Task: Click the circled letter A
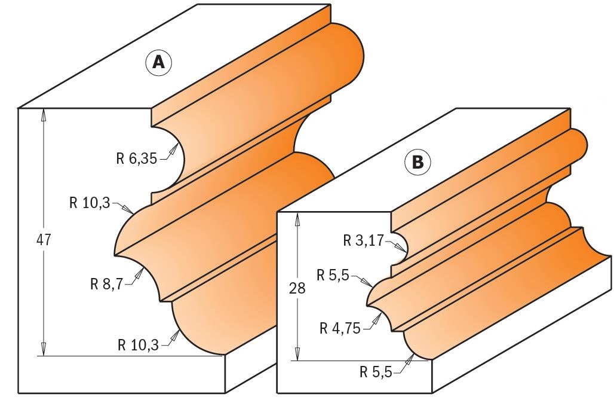click(x=158, y=62)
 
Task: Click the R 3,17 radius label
click(x=364, y=242)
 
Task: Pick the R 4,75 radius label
click(x=340, y=328)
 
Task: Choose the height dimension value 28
click(x=297, y=288)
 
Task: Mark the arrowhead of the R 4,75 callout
click(x=378, y=317)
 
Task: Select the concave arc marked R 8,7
click(x=149, y=275)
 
